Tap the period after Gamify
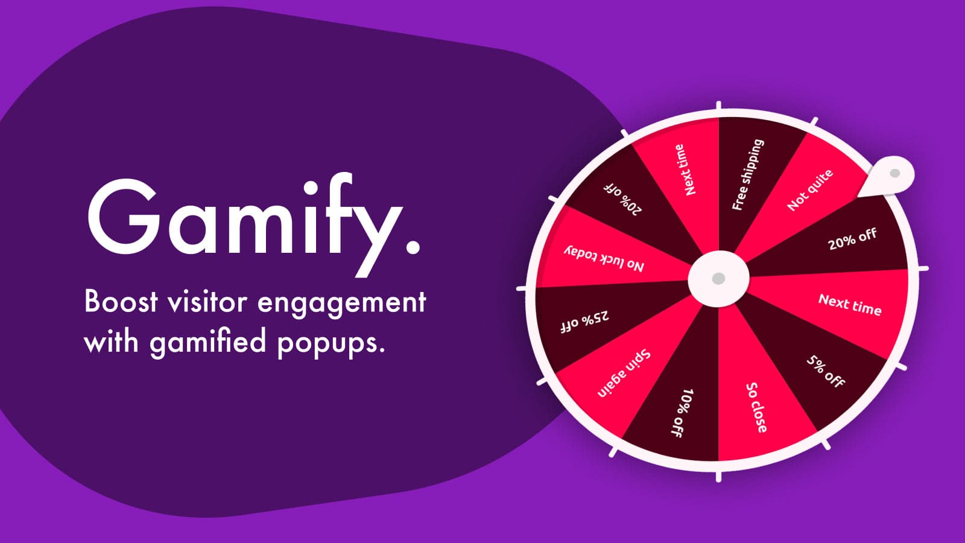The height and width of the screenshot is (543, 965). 413,247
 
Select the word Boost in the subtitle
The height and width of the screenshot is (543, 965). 121,302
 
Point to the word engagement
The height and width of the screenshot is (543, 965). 341,304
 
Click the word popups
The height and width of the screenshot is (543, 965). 331,345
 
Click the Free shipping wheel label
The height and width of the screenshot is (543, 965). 748,174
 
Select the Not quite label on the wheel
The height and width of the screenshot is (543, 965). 811,190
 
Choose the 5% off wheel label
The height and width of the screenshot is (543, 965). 826,371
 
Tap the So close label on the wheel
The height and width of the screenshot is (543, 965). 756,407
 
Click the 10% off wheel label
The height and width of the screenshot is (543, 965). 683,413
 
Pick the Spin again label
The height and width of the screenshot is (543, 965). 624,373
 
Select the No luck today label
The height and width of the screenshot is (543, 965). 604,259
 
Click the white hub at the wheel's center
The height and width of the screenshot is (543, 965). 718,278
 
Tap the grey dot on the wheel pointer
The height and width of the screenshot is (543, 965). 895,173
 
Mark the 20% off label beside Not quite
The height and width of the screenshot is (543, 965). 852,239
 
